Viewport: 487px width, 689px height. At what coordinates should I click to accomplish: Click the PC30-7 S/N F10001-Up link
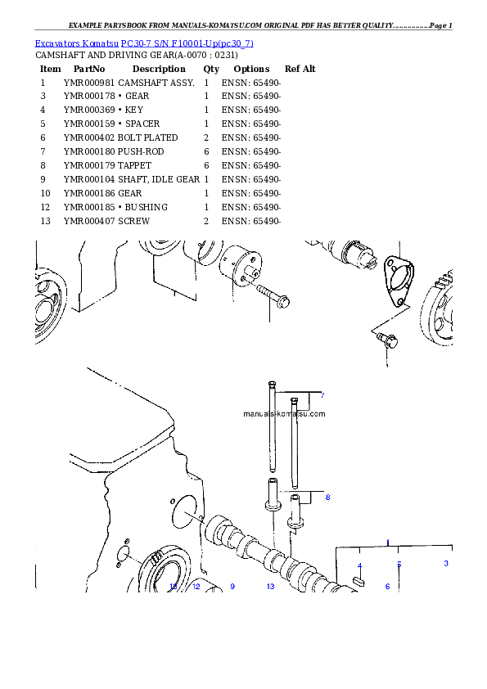tap(187, 43)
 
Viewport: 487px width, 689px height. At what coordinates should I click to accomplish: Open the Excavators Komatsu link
tap(76, 43)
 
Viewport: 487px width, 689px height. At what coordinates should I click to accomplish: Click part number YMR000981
tap(88, 83)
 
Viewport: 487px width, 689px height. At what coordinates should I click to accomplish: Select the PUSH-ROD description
tap(141, 151)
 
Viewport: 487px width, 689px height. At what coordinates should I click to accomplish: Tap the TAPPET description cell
tap(134, 165)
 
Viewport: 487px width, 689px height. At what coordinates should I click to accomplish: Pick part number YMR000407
tap(88, 221)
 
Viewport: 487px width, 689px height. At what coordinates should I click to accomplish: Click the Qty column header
tap(211, 69)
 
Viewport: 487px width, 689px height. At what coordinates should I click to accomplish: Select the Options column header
tap(251, 69)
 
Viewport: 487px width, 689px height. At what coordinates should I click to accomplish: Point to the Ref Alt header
tap(300, 69)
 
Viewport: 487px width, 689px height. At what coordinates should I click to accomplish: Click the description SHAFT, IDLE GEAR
tap(159, 179)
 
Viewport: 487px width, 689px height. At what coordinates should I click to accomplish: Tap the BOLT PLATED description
tap(147, 137)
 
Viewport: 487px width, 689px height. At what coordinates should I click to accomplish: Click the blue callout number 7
tap(322, 395)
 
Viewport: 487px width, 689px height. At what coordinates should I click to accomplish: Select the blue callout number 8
tap(327, 498)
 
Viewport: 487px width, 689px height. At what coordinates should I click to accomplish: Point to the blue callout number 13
tap(270, 586)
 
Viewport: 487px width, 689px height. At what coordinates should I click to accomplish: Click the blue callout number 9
tap(232, 586)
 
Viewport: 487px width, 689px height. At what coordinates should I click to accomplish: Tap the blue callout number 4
tap(359, 565)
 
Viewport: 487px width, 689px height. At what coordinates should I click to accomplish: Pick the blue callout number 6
tap(387, 586)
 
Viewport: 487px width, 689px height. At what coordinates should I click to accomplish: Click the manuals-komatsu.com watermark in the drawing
tap(284, 413)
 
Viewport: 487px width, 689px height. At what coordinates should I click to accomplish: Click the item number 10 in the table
tap(45, 193)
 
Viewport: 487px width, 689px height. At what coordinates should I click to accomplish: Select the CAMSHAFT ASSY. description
tap(156, 83)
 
